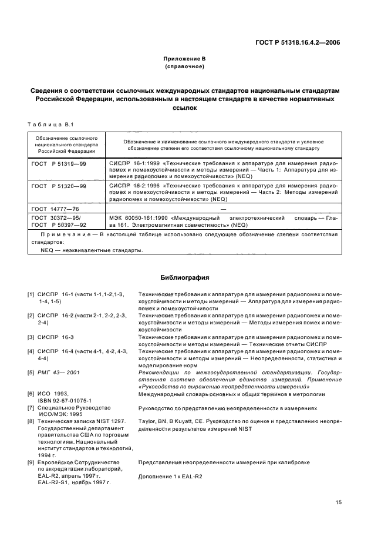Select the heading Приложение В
click(x=184, y=59)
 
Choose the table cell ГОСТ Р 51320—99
click(x=59, y=185)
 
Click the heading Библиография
click(x=184, y=277)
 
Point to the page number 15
click(x=339, y=502)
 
